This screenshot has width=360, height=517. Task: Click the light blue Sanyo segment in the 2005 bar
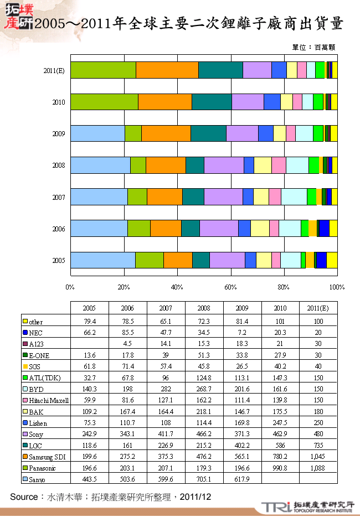tap(102, 260)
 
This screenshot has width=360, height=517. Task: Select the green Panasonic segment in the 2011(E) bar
tap(103, 70)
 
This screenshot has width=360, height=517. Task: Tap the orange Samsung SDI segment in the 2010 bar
tap(164, 102)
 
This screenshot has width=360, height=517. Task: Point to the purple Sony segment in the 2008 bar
tap(224, 165)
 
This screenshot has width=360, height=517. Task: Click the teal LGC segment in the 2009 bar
tap(208, 133)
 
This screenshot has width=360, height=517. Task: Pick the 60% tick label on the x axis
tap(230, 287)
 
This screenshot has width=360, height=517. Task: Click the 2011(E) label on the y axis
tap(55, 70)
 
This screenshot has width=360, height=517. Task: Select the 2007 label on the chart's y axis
tap(59, 197)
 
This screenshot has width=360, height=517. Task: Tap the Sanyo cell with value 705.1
tap(204, 479)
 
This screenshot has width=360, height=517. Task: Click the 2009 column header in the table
tap(241, 308)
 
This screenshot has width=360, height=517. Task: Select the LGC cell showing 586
tap(280, 445)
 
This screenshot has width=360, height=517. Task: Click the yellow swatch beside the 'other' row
tap(25, 322)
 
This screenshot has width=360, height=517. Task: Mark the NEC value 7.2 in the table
tap(242, 333)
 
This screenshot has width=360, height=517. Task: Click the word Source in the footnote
tap(23, 497)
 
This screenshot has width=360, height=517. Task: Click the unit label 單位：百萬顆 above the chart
tap(313, 48)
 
